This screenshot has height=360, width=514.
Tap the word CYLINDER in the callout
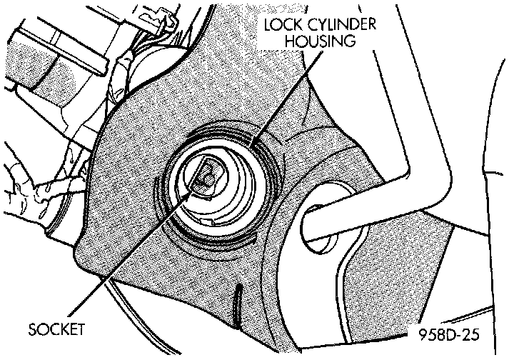click(x=341, y=24)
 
